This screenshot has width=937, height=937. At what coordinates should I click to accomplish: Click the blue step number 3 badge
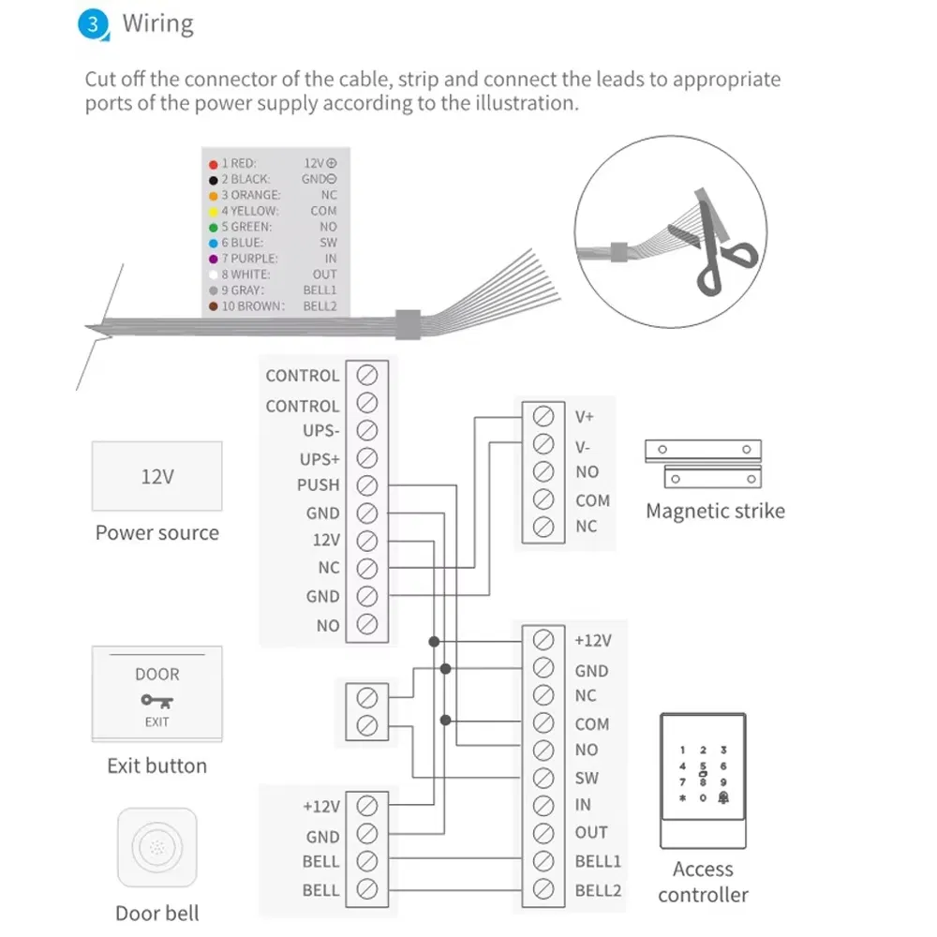pyautogui.click(x=93, y=24)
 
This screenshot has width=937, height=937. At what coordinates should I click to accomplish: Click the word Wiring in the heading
pyautogui.click(x=157, y=23)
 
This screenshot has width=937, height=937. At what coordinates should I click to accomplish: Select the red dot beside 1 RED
pyautogui.click(x=214, y=163)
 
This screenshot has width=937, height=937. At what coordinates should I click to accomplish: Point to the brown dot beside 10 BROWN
pyautogui.click(x=214, y=306)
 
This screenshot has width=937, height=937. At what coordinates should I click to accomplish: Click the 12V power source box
pyautogui.click(x=156, y=476)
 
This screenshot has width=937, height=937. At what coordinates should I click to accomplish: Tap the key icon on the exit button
pyautogui.click(x=156, y=700)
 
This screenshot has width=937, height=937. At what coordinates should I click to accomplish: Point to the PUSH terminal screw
pyautogui.click(x=367, y=485)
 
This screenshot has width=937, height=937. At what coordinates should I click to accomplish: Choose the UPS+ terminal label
pyautogui.click(x=319, y=459)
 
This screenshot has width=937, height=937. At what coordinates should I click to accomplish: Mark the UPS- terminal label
pyautogui.click(x=319, y=432)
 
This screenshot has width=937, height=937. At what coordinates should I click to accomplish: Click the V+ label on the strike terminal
pyautogui.click(x=585, y=416)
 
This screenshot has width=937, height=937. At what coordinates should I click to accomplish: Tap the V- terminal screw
pyautogui.click(x=542, y=443)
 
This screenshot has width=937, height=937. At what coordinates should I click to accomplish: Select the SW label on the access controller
pyautogui.click(x=587, y=778)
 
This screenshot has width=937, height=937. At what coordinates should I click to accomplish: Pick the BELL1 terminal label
pyautogui.click(x=598, y=861)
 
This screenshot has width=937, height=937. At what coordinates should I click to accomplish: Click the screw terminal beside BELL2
pyautogui.click(x=542, y=888)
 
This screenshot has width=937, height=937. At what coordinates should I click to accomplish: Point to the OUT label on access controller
pyautogui.click(x=591, y=832)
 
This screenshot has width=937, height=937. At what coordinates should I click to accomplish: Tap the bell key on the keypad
pyautogui.click(x=723, y=798)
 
